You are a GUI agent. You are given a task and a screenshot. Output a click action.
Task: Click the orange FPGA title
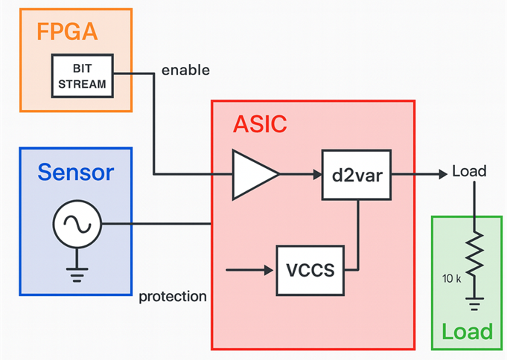click(66, 33)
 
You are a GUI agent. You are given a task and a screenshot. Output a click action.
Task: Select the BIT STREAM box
click(83, 75)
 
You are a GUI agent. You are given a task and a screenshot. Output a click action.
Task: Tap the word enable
click(185, 71)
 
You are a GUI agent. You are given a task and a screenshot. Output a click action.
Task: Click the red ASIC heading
click(260, 124)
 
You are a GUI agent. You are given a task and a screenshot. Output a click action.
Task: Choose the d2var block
click(357, 175)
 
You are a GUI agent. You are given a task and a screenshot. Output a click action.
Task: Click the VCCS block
click(310, 269)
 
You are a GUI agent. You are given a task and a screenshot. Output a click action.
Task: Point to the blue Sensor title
click(76, 173)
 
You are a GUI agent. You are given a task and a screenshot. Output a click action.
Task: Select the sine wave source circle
click(77, 225)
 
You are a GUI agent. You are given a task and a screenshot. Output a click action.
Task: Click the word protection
click(173, 296)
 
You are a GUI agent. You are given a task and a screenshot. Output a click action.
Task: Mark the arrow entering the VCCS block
click(249, 269)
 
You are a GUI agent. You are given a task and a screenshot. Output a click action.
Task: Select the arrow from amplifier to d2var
click(301, 175)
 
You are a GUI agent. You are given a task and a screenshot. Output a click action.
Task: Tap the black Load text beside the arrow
click(469, 172)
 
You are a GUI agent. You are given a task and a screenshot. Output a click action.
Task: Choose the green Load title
click(467, 332)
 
